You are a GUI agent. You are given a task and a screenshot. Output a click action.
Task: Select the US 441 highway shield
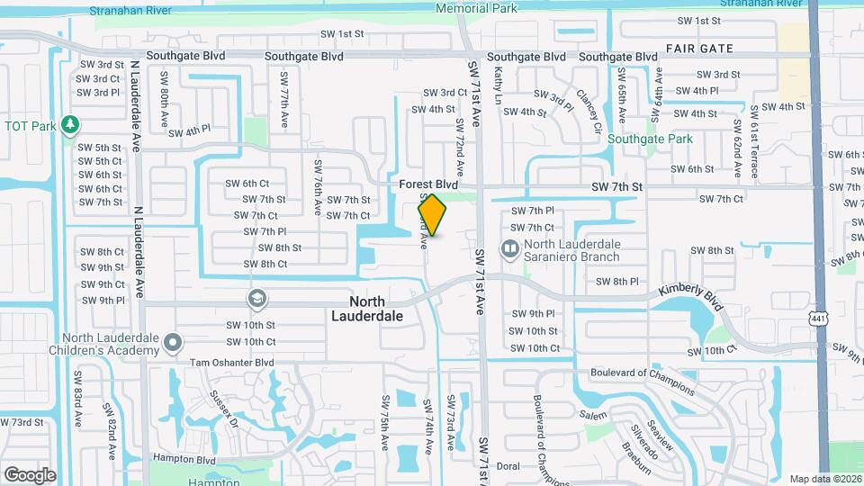coord(817,318)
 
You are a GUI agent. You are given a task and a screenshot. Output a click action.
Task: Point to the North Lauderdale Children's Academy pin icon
coord(174,341)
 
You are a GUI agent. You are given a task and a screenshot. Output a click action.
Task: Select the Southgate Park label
coord(650,139)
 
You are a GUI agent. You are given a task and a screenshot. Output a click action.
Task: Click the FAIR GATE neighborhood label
coord(699,49)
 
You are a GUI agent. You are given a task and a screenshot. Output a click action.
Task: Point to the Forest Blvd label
coord(429,184)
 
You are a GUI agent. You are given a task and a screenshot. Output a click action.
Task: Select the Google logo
coord(30,474)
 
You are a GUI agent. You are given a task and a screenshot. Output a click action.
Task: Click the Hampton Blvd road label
coord(184,460)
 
